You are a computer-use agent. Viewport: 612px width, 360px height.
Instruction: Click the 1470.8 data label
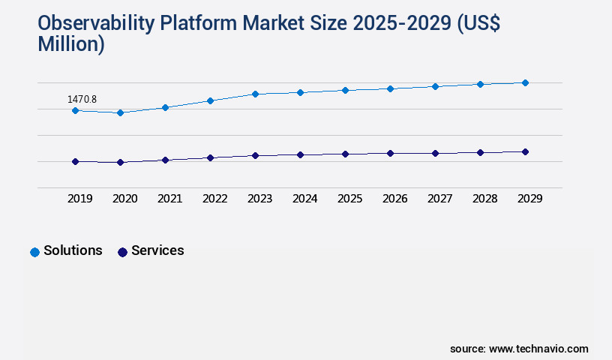click(x=82, y=99)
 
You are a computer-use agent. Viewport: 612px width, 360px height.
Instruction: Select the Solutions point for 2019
click(x=75, y=110)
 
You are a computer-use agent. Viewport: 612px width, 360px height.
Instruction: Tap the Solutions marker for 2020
click(x=120, y=112)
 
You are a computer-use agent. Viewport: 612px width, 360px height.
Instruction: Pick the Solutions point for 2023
click(x=255, y=94)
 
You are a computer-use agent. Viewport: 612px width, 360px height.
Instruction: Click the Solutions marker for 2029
click(x=525, y=82)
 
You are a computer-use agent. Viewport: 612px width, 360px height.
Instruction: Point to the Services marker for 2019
click(x=75, y=161)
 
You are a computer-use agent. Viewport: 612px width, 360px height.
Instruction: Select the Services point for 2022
click(x=210, y=157)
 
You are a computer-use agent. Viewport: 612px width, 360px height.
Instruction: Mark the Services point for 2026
click(x=390, y=153)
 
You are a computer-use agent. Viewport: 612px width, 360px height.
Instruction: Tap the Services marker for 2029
click(x=525, y=151)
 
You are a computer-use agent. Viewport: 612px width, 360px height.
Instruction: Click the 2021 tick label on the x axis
click(x=169, y=199)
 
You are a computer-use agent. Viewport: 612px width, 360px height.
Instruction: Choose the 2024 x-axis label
click(x=304, y=199)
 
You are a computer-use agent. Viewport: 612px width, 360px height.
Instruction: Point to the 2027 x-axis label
click(x=439, y=199)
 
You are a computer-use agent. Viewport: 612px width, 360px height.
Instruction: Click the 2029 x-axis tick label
click(x=529, y=199)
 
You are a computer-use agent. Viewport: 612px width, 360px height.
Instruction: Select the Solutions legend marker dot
click(x=34, y=252)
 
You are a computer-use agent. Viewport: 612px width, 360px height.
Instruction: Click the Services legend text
click(x=157, y=250)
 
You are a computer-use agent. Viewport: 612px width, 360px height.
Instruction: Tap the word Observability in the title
click(x=97, y=24)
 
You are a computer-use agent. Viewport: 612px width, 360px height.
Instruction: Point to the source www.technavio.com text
click(x=519, y=349)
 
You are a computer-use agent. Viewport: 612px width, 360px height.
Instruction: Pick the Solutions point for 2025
click(x=345, y=90)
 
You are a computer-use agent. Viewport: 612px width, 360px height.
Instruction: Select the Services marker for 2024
click(x=300, y=154)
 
